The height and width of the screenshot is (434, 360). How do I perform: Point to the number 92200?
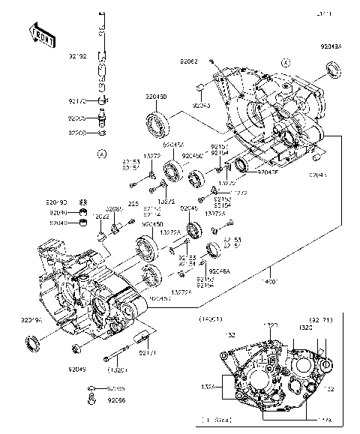click(78, 133)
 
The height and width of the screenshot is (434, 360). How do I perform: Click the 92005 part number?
click(78, 118)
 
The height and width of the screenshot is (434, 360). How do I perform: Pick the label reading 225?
click(132, 203)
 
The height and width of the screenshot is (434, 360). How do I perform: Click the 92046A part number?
click(220, 271)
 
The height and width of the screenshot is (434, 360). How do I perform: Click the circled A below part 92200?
click(101, 154)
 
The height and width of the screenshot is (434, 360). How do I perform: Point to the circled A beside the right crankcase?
click(284, 63)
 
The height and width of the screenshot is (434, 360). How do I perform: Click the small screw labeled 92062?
click(212, 60)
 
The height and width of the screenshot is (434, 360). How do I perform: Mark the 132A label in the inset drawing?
click(208, 387)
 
